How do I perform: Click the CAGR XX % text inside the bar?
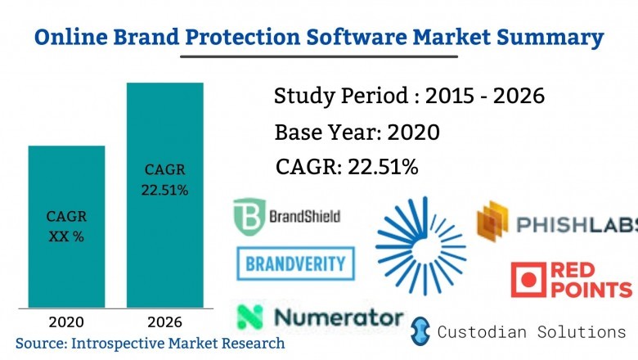click(x=66, y=225)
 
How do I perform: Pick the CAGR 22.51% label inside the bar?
click(x=166, y=180)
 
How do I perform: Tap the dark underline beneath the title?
click(x=318, y=56)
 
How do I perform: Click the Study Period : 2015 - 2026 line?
click(x=409, y=97)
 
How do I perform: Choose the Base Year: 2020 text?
click(x=357, y=132)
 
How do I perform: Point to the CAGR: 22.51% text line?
click(x=347, y=167)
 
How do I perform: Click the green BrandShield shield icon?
click(x=247, y=217)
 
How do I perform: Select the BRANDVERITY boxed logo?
click(x=296, y=263)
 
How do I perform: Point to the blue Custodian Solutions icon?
click(x=420, y=331)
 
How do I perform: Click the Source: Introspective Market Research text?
click(x=150, y=343)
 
